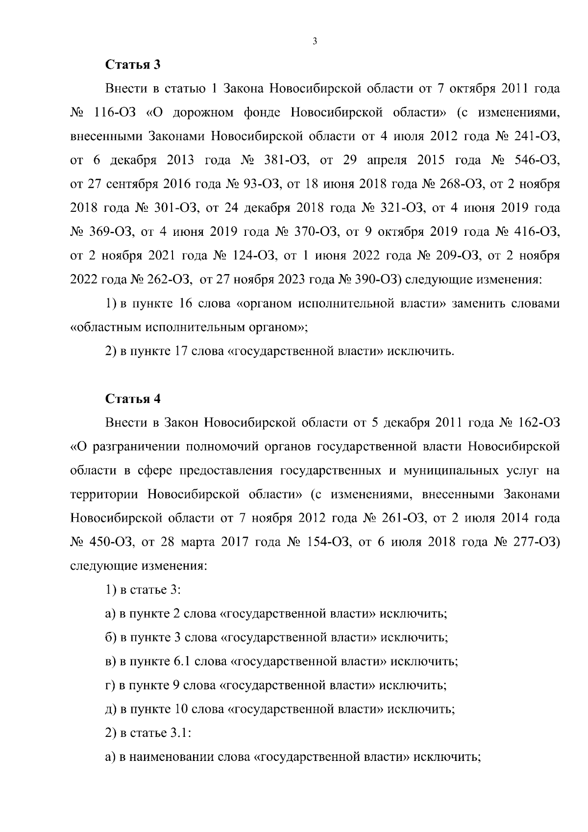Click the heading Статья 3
pos(133,65)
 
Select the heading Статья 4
pos(133,399)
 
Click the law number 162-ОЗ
pos(537,423)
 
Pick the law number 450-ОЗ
pos(111,542)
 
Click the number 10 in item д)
pos(180,709)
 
